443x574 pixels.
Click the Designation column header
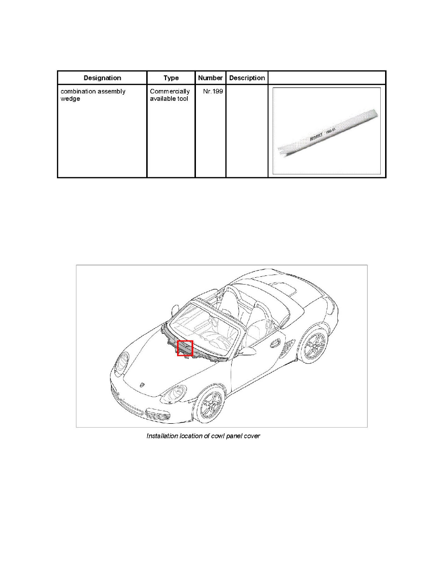102,78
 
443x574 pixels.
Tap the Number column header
210,78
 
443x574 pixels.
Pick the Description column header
247,78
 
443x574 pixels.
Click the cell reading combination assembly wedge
93,95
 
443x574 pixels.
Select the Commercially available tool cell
170,95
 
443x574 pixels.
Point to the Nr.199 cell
213,91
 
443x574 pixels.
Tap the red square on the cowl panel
185,348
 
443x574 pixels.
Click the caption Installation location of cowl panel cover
203,436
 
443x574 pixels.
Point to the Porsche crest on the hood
142,385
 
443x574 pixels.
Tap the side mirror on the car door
248,350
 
